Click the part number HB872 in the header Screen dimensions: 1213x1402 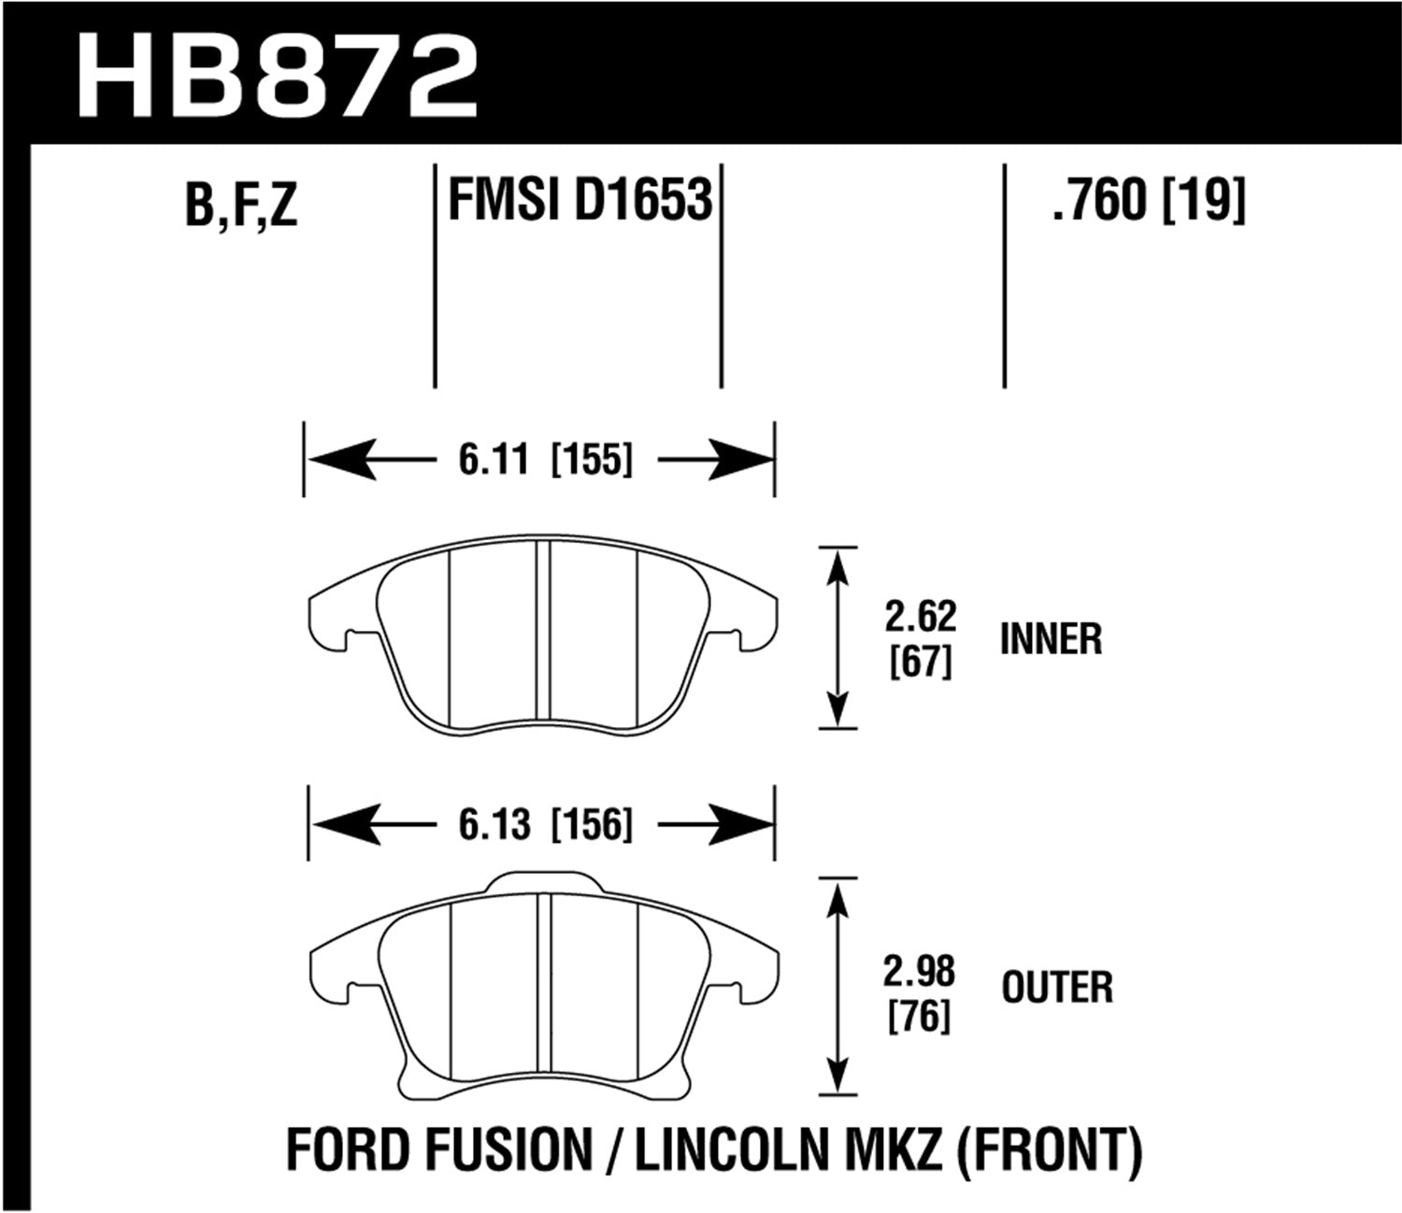click(278, 77)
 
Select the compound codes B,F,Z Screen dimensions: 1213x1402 click(240, 205)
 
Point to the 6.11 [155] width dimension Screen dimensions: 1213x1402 click(545, 460)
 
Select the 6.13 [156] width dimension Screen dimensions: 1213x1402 click(545, 825)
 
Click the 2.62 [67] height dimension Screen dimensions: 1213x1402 click(920, 639)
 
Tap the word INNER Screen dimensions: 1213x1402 click(1051, 640)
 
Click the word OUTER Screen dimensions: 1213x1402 click(1057, 989)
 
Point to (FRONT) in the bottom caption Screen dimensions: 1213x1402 click(1047, 1151)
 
